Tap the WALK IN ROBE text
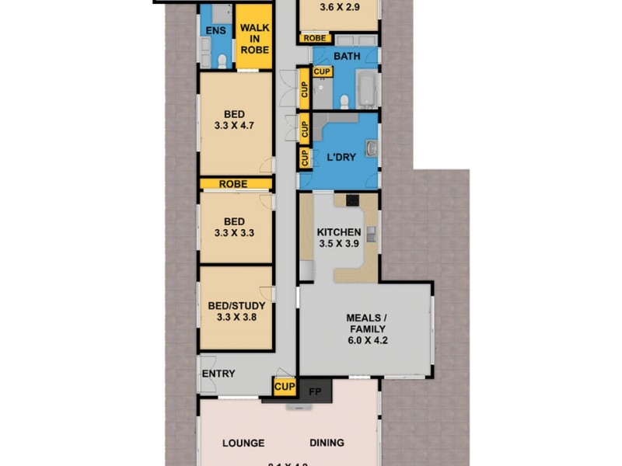(x=254, y=39)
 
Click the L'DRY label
(x=341, y=157)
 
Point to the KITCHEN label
(x=339, y=232)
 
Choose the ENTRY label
(x=218, y=374)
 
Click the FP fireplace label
(x=315, y=391)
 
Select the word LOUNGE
(x=243, y=443)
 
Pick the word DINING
(x=326, y=443)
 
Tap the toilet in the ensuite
(x=222, y=61)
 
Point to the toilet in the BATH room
(x=343, y=99)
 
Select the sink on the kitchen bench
(x=372, y=232)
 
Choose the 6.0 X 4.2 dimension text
(x=366, y=340)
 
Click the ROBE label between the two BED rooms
(x=233, y=184)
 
